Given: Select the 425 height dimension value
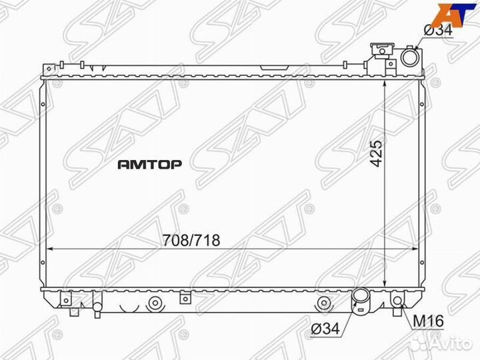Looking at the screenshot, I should (377, 154).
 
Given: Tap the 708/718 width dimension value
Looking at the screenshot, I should (190, 240).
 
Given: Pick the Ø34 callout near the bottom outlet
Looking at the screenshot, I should (325, 327).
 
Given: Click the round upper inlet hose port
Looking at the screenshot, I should (409, 59).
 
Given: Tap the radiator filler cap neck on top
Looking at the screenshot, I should (382, 52).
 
